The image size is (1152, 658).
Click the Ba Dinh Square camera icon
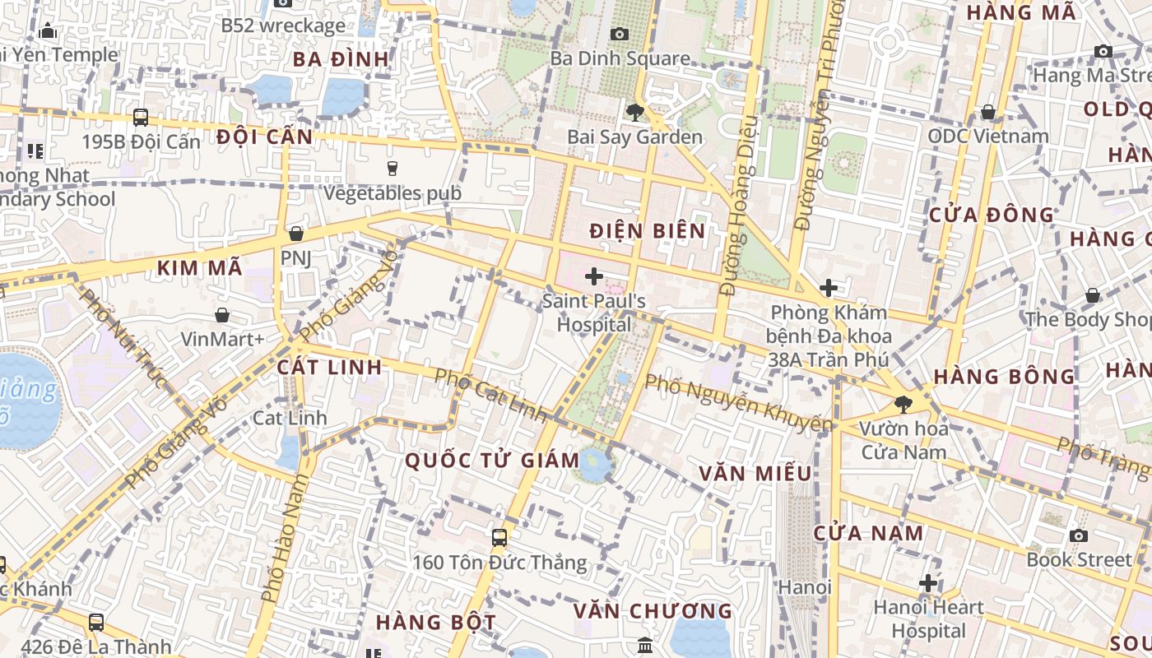pos(620,34)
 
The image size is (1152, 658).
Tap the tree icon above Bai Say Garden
pos(634,112)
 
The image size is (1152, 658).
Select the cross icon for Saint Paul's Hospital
pos(593,276)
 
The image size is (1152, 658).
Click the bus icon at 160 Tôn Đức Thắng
pos(499,538)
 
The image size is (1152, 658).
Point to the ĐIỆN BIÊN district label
pos(648,231)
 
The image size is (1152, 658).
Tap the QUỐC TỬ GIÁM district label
pos(492,461)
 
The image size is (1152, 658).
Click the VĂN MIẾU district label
pos(755,474)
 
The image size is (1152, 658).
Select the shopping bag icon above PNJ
pos(296,234)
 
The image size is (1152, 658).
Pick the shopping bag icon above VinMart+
pos(222,314)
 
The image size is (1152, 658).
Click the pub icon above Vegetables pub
pos(393,169)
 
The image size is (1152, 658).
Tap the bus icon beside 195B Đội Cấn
pos(141,118)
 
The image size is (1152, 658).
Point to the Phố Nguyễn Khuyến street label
pos(738,404)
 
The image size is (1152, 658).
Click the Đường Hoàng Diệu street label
pos(737,206)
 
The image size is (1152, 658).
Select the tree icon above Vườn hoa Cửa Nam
pos(903,404)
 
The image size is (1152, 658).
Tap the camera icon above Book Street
pos(1079,535)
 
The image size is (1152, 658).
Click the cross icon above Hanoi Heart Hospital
pos(928,583)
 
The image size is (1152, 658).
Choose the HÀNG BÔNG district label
pos(1004,377)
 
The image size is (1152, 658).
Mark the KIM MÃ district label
pos(200,267)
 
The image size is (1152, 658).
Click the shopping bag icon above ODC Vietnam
pos(988,112)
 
